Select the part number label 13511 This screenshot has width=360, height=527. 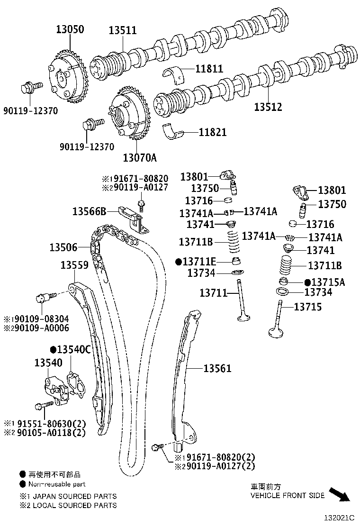point(122,31)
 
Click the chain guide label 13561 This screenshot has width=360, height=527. point(217,368)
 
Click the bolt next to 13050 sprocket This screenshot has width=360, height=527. point(28,88)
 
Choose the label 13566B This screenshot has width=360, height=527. point(89,210)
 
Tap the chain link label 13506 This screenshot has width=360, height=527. point(63,247)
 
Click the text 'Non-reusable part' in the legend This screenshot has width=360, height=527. point(57,484)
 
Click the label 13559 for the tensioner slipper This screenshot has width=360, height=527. point(74,265)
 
